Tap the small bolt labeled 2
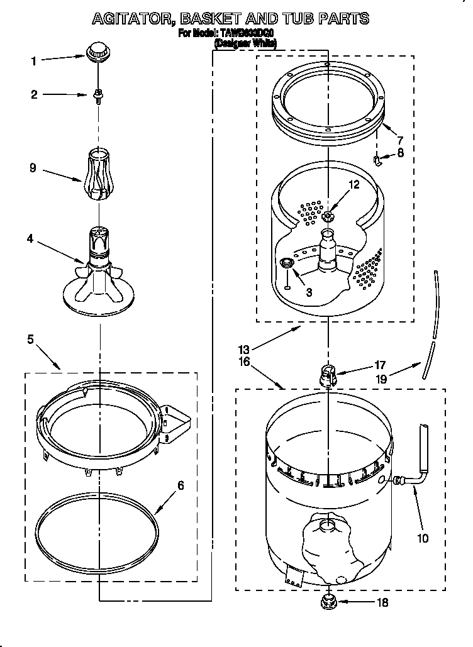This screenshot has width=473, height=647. (x=98, y=95)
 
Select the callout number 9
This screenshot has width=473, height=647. (x=33, y=168)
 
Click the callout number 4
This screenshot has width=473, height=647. (x=30, y=239)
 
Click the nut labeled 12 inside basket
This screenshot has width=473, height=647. (x=328, y=217)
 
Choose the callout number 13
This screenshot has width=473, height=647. (x=245, y=350)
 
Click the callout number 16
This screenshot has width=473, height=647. (x=245, y=362)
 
